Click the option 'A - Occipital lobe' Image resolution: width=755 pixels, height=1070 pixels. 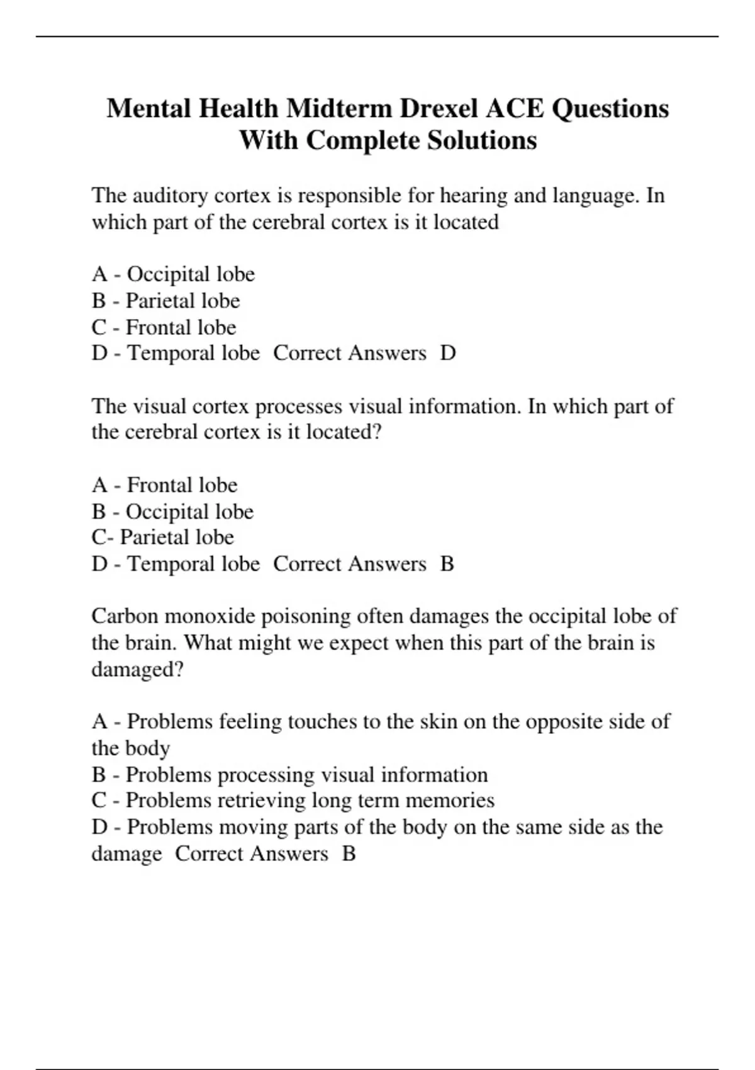[173, 274]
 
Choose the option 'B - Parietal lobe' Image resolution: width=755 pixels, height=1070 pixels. [165, 301]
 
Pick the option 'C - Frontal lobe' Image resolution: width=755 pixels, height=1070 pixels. [164, 327]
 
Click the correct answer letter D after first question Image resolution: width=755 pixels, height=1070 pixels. [448, 353]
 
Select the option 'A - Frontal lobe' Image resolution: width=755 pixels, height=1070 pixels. [164, 485]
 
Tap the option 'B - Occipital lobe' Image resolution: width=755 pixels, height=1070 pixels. [172, 512]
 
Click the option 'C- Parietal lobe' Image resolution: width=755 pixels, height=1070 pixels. [162, 538]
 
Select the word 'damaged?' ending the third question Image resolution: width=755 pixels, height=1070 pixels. [137, 669]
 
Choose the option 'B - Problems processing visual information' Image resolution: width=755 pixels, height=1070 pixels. [289, 775]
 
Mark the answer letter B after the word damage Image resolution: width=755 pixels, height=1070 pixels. [349, 854]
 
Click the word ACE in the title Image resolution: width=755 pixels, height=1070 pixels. [515, 108]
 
